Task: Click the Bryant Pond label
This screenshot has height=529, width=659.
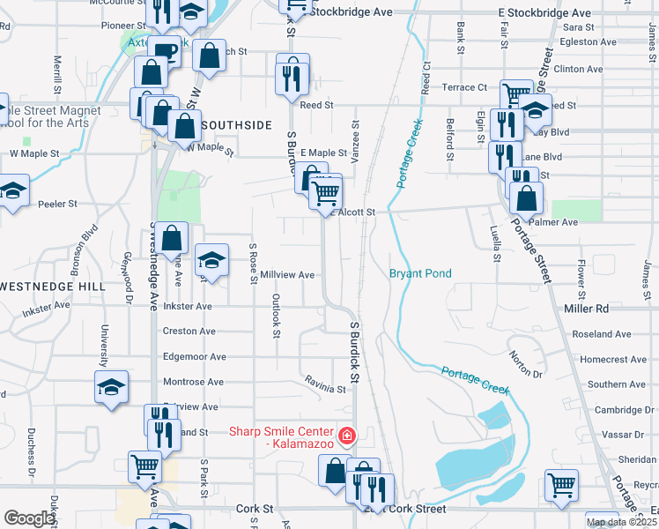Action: click(x=420, y=274)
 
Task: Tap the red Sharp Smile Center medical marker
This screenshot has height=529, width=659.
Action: click(x=347, y=435)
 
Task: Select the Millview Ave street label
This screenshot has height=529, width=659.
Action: click(x=287, y=275)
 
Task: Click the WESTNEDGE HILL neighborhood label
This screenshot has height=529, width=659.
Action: click(x=53, y=287)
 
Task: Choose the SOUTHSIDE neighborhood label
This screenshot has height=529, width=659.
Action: click(x=237, y=126)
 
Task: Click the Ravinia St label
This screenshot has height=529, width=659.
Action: click(x=326, y=388)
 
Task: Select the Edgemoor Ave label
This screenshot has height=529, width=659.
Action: click(x=195, y=357)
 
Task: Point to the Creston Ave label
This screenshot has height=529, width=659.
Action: click(x=189, y=332)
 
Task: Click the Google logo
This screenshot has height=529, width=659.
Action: click(x=29, y=518)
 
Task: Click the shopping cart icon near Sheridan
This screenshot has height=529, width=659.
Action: click(x=561, y=484)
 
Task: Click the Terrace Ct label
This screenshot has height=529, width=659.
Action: click(x=464, y=87)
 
